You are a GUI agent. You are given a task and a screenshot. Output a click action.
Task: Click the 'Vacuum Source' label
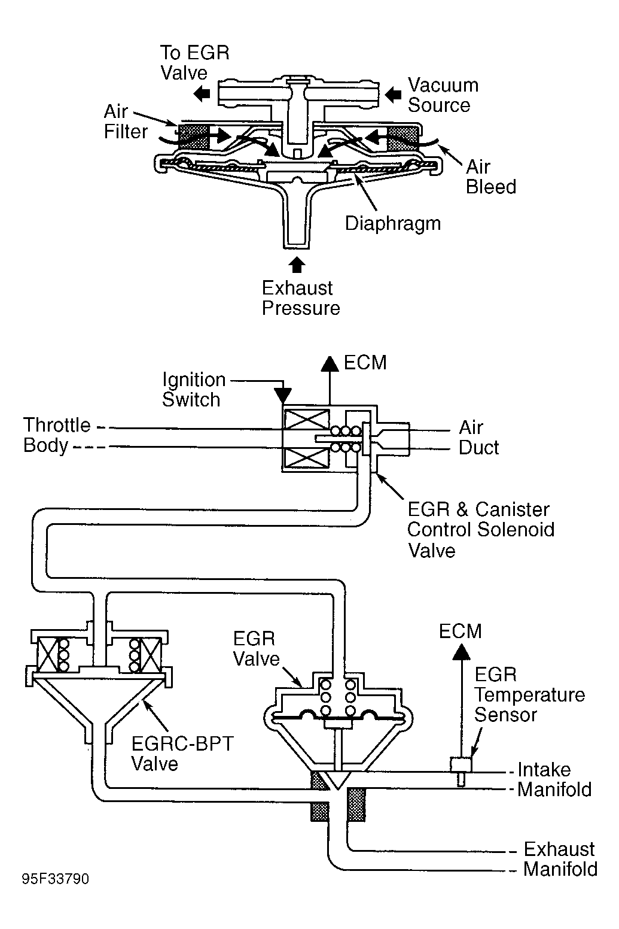click(x=443, y=95)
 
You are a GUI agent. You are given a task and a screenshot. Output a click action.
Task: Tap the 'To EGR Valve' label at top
click(x=194, y=63)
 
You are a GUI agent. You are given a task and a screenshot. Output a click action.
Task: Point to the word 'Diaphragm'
click(x=393, y=224)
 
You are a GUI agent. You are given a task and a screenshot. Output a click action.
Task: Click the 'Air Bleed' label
click(x=491, y=177)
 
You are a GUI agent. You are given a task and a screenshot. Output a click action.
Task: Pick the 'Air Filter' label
click(x=126, y=122)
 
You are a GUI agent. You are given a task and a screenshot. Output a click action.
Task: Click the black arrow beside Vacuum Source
click(x=393, y=95)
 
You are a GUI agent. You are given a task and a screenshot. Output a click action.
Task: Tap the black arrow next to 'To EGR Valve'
click(x=202, y=94)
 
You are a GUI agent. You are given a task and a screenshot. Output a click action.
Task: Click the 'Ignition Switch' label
click(x=194, y=390)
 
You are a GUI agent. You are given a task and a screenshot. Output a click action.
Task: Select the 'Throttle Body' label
click(x=57, y=436)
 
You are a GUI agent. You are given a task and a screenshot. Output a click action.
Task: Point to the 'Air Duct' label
click(x=478, y=438)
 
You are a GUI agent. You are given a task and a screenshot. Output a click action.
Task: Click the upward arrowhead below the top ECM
click(x=330, y=364)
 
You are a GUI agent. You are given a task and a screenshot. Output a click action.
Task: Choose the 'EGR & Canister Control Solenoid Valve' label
click(x=481, y=530)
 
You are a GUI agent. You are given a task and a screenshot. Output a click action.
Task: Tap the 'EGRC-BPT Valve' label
click(x=182, y=754)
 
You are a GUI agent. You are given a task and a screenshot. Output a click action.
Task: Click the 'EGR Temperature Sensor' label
click(x=529, y=695)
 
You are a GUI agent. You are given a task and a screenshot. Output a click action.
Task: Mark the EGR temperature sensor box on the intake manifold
click(x=461, y=764)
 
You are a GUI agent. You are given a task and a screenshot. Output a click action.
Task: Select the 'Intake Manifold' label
click(x=554, y=780)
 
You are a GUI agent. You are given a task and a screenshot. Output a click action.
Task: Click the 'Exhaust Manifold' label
click(x=560, y=860)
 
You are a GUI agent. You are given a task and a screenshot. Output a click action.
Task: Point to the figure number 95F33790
click(x=56, y=879)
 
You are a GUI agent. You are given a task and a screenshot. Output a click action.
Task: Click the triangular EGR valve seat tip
click(x=338, y=789)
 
